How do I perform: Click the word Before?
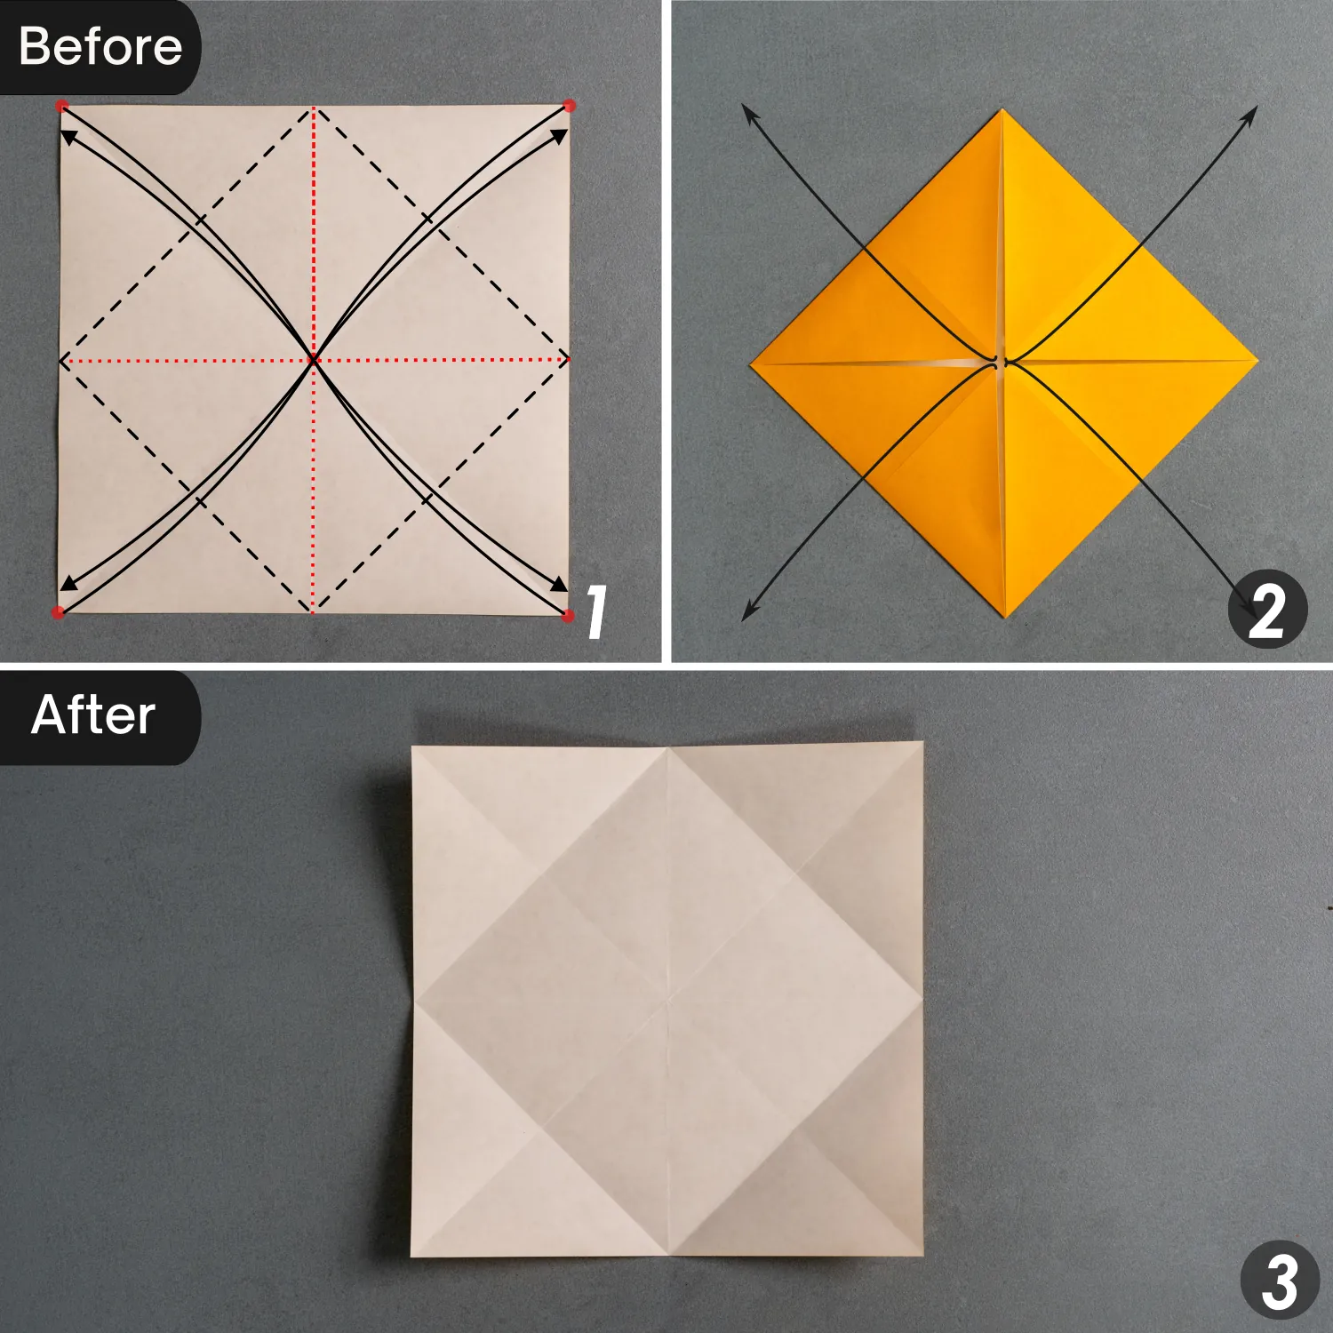pos(100,46)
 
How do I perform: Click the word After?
pos(93,715)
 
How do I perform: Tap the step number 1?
pos(597,611)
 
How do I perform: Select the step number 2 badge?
pos(1267,610)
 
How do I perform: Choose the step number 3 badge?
pos(1280,1280)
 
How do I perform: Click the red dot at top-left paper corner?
pos(61,106)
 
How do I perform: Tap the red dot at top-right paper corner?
pos(570,106)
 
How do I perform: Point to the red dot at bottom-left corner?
pos(59,612)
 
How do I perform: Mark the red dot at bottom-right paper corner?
pos(569,614)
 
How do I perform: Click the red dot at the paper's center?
pos(314,360)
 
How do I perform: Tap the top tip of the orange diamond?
pos(1003,109)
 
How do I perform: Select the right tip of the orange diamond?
pos(1258,360)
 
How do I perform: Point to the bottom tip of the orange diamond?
pos(1005,618)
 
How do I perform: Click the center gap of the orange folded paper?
pos(1002,362)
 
